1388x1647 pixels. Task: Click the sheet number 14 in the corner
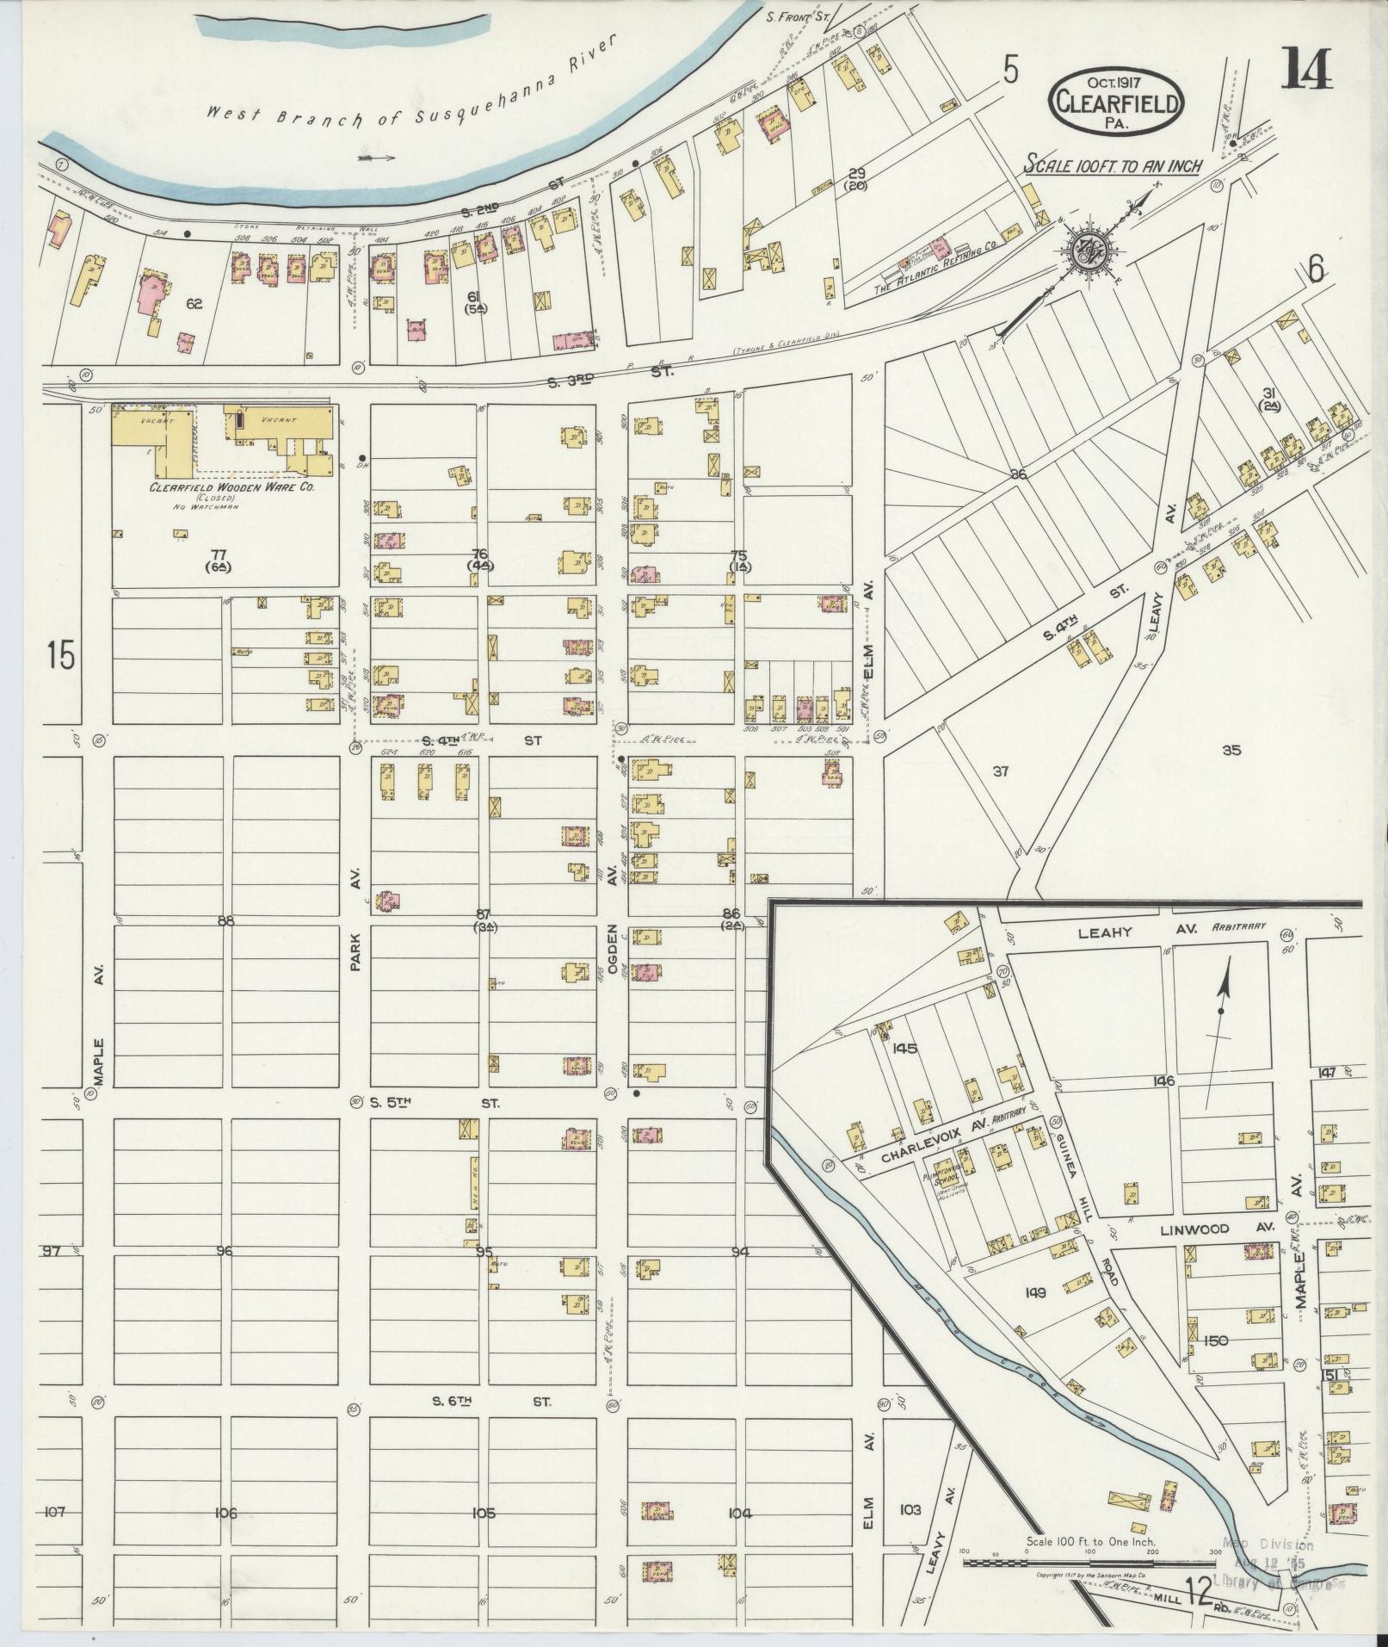[1307, 68]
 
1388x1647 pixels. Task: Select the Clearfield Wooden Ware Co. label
[232, 486]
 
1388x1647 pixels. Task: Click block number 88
[225, 921]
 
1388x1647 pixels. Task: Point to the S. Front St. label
[797, 15]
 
